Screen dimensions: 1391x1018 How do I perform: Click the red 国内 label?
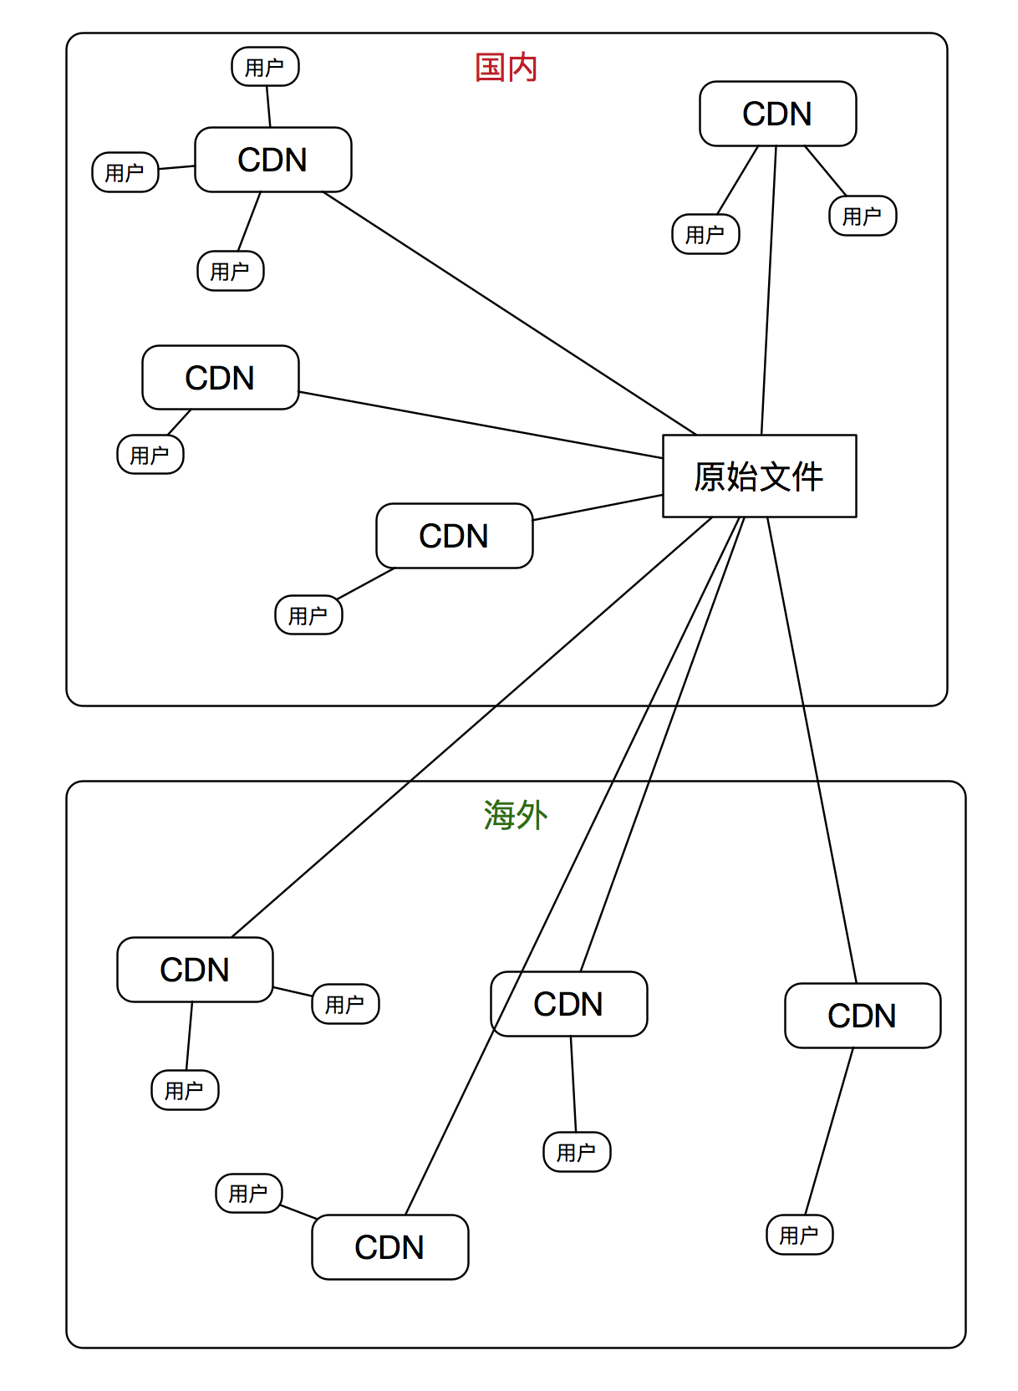[x=506, y=68]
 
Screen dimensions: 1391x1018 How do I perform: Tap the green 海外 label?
[x=515, y=815]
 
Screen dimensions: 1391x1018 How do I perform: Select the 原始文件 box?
[x=759, y=476]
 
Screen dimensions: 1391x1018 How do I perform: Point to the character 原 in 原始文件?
[x=710, y=476]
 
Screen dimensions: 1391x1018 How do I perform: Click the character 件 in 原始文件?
[x=808, y=476]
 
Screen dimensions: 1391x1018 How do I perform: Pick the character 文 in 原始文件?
[x=776, y=476]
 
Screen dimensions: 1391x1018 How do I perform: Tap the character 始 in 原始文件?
[x=742, y=476]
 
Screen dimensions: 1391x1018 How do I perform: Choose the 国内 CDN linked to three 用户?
[x=272, y=160]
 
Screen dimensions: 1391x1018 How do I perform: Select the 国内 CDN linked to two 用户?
[x=777, y=114]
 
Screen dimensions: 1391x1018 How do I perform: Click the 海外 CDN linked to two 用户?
[x=195, y=970]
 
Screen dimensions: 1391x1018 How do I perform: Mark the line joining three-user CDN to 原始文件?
[x=510, y=313]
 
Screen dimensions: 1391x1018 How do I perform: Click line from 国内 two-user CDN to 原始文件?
[x=769, y=293]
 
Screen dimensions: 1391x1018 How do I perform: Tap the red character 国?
[x=490, y=68]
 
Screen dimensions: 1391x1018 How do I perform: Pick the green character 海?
[x=499, y=815]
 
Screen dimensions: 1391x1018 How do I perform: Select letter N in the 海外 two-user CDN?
[x=218, y=970]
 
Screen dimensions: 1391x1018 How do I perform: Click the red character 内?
[x=522, y=68]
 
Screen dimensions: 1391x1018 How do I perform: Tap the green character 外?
[x=532, y=815]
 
